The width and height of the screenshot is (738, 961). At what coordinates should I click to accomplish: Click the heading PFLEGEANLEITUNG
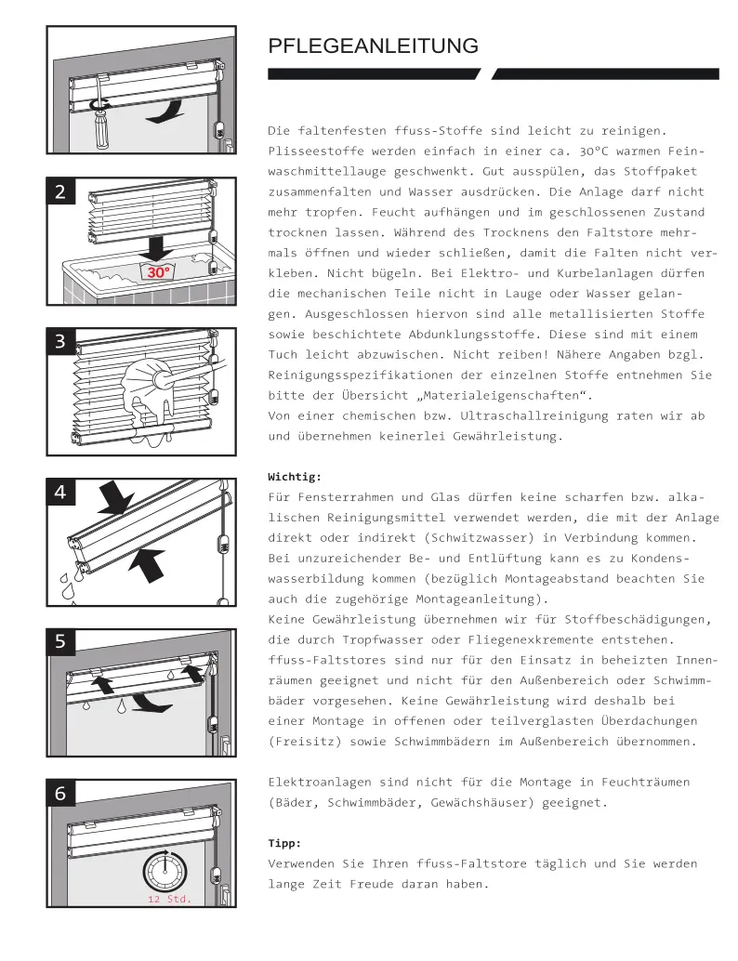click(x=373, y=46)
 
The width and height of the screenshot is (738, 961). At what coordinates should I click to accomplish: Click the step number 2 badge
click(x=60, y=191)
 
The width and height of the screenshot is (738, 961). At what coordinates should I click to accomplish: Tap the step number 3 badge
click(x=60, y=341)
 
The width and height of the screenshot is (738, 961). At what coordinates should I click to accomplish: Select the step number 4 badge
click(x=60, y=493)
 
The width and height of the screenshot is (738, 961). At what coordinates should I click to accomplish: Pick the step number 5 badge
click(x=60, y=641)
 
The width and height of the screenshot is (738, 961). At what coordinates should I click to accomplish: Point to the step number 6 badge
click(x=60, y=793)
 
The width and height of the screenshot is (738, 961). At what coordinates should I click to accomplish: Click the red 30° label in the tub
click(x=159, y=272)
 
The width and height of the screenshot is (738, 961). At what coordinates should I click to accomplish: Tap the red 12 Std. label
click(x=169, y=900)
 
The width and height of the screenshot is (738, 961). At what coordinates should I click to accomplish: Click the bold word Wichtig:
click(x=295, y=477)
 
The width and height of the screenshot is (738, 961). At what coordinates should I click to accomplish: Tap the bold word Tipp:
click(x=284, y=843)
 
